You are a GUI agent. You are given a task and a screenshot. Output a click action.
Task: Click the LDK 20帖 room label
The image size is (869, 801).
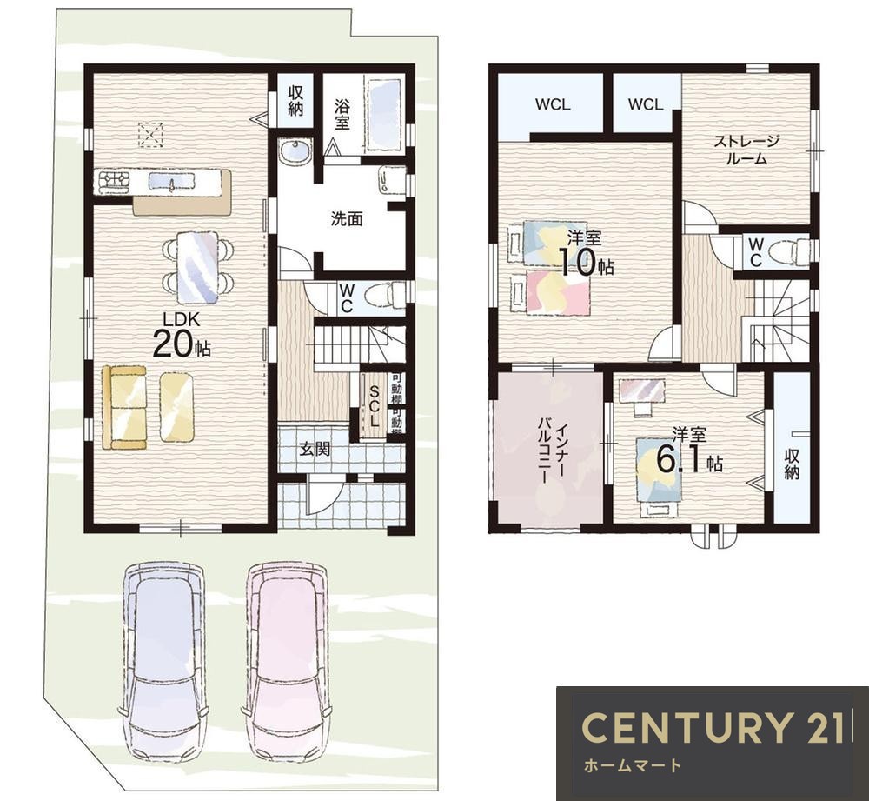181,337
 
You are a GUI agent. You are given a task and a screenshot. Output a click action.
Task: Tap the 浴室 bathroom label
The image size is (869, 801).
342,114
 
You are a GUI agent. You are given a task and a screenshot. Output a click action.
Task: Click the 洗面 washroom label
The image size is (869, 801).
347,219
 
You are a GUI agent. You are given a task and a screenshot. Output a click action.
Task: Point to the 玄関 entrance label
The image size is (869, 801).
315,449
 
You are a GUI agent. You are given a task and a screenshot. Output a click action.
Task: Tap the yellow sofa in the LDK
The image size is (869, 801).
124,407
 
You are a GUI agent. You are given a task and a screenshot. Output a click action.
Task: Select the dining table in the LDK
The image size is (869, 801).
197,267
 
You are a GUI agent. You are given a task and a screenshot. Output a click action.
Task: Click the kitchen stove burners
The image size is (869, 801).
115,182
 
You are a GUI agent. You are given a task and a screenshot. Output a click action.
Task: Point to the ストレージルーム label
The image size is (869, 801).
746,150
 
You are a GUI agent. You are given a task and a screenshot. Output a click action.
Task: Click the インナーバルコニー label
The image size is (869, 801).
553,454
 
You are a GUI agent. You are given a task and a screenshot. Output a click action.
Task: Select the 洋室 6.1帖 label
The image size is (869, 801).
689,451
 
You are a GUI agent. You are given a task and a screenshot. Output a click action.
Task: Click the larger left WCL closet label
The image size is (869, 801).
553,104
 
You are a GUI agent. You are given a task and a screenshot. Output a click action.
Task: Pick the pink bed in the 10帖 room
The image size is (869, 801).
557,292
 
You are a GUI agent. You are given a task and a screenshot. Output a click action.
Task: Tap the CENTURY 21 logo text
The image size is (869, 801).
714,727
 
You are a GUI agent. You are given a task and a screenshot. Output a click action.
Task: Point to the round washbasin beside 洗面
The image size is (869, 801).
296,151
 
